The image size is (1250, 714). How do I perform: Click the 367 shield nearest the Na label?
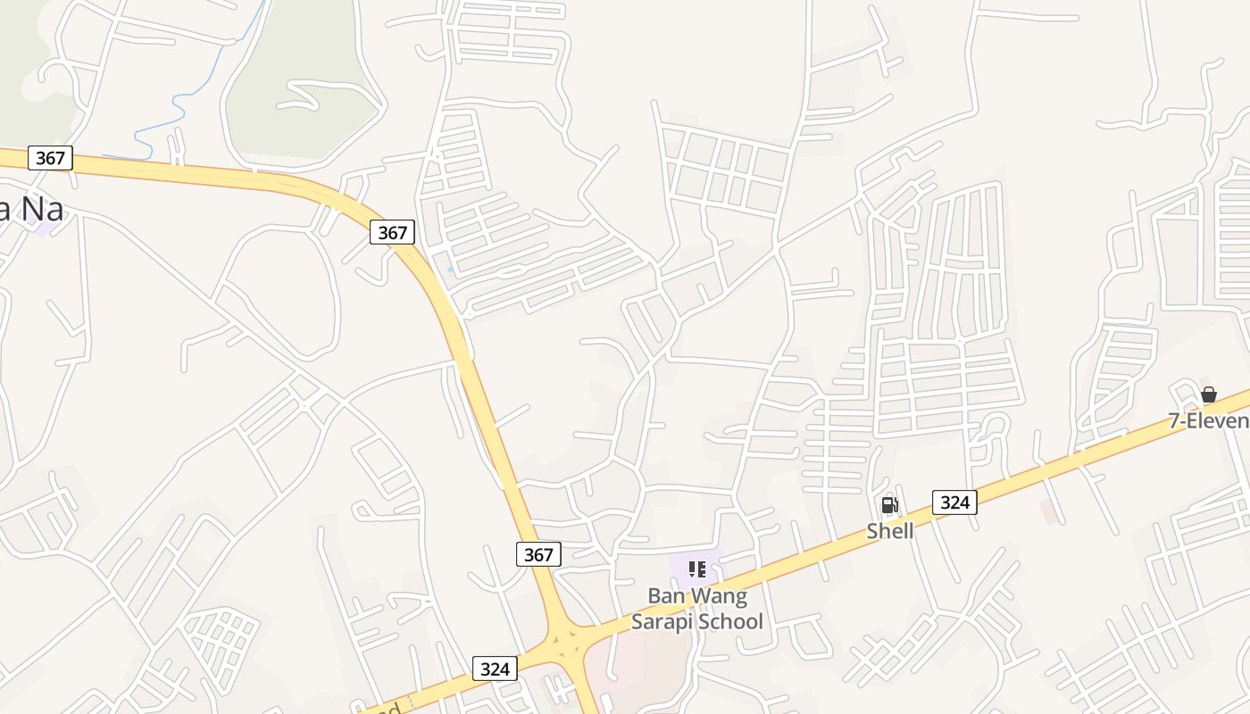[50, 158]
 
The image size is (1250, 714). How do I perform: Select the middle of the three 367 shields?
[392, 233]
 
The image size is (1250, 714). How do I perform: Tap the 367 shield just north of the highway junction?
[538, 554]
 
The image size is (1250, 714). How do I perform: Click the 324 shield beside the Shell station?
[954, 502]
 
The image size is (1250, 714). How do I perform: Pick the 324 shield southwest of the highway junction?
[495, 668]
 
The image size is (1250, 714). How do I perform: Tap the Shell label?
[890, 531]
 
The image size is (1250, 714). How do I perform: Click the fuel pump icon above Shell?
[889, 506]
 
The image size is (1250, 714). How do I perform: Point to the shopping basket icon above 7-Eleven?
[1209, 394]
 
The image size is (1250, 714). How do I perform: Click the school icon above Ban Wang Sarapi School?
[697, 569]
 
